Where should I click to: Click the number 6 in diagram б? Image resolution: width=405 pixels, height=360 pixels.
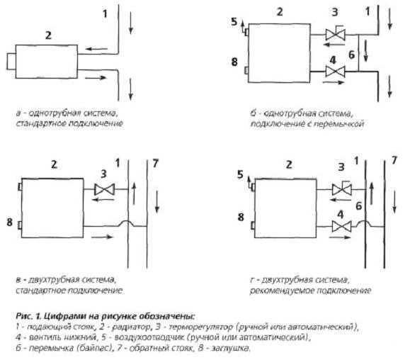[351, 55]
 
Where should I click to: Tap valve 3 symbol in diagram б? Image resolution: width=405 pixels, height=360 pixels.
[336, 34]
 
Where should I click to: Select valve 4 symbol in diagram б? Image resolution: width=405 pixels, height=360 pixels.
[336, 72]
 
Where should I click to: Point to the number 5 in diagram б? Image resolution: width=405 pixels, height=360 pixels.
[234, 22]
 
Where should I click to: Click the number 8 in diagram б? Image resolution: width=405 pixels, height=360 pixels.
[234, 62]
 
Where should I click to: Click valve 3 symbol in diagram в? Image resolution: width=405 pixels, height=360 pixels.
[104, 189]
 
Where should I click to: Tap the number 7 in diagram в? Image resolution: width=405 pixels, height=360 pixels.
[155, 163]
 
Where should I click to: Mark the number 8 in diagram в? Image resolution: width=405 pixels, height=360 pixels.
[9, 222]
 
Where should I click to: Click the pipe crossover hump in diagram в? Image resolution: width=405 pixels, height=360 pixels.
[128, 222]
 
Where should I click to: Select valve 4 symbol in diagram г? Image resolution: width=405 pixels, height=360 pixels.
[341, 227]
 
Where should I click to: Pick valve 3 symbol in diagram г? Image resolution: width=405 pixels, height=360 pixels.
[341, 189]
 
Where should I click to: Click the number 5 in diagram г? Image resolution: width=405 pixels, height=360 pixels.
[240, 175]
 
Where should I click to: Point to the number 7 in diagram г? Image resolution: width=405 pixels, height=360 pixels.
[394, 160]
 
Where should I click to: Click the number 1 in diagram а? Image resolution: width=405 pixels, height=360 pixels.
[105, 13]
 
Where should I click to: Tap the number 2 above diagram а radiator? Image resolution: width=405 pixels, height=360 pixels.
[48, 35]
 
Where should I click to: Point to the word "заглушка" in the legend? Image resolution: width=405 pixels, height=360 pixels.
[231, 348]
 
